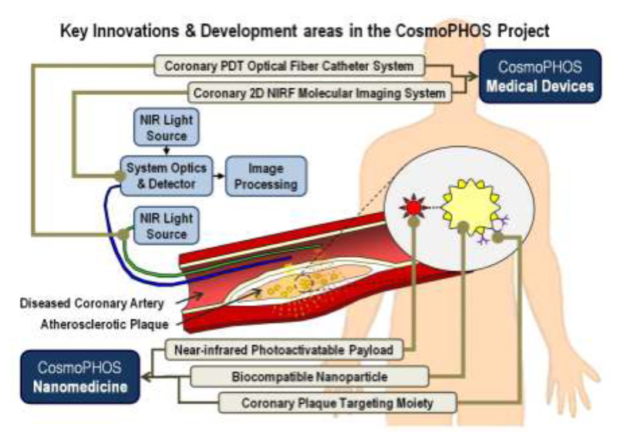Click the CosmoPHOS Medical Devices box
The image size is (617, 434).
pyautogui.click(x=541, y=76)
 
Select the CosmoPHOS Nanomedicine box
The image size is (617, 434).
pyautogui.click(x=80, y=377)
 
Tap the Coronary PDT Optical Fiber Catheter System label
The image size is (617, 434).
pyautogui.click(x=289, y=66)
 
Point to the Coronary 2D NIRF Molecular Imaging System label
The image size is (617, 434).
pyautogui.click(x=319, y=93)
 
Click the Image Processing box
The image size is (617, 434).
pyautogui.click(x=266, y=176)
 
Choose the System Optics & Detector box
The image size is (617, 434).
pyautogui.click(x=167, y=175)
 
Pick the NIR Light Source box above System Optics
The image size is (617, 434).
pyautogui.click(x=167, y=127)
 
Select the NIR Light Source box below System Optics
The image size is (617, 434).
pyautogui.click(x=167, y=226)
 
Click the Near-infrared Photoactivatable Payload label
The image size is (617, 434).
pyautogui.click(x=284, y=350)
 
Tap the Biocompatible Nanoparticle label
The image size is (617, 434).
pyautogui.click(x=309, y=377)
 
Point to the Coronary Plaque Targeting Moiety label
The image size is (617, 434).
pyautogui.click(x=337, y=403)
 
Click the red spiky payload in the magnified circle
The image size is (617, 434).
pyautogui.click(x=413, y=207)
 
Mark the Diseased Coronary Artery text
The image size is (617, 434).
pyautogui.click(x=92, y=303)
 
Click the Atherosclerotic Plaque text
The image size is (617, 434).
pyautogui.click(x=105, y=324)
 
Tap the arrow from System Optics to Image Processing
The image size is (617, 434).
pyautogui.click(x=219, y=175)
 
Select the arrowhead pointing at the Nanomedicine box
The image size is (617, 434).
pyautogui.click(x=147, y=377)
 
